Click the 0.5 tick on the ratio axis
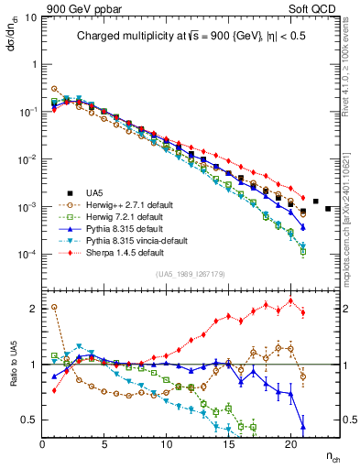pos(30,420)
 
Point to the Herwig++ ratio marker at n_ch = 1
pos(55,307)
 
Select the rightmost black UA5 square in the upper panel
pos(328,209)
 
